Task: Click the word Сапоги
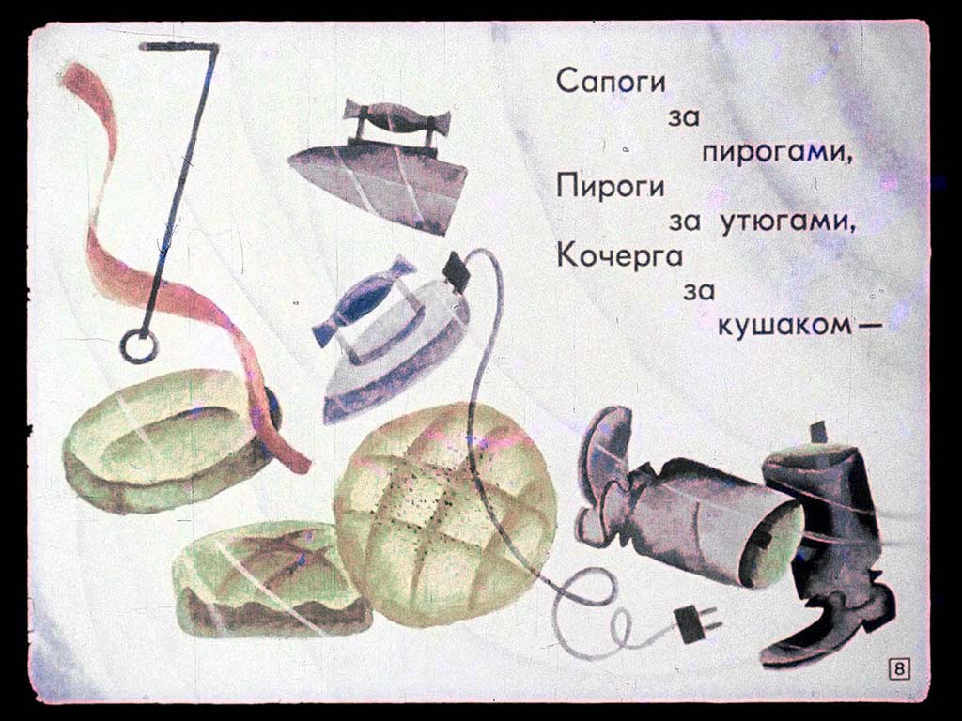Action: tap(611, 83)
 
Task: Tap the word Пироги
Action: tap(611, 186)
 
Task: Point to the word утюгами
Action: tap(787, 222)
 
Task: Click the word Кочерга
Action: tap(620, 255)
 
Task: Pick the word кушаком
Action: tap(791, 326)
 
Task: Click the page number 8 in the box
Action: tap(899, 669)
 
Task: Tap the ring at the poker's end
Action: tap(128, 347)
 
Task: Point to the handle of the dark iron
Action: tap(397, 122)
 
